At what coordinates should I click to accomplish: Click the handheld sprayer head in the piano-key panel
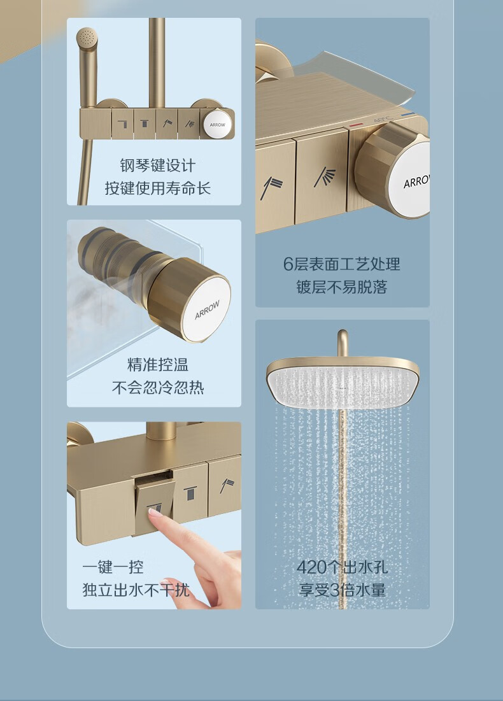(x=87, y=38)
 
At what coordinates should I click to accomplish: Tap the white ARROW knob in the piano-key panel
(x=218, y=125)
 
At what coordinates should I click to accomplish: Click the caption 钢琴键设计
(x=158, y=166)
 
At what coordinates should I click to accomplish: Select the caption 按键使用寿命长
(x=158, y=188)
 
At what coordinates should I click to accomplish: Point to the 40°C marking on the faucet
(x=382, y=119)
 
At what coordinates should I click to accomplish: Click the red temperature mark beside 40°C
(x=356, y=125)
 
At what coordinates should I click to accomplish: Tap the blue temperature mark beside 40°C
(x=407, y=115)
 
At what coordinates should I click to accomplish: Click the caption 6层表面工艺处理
(x=342, y=264)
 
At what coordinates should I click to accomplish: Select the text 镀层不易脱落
(x=342, y=287)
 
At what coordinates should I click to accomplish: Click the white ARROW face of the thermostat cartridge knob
(x=207, y=309)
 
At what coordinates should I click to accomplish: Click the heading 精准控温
(x=158, y=365)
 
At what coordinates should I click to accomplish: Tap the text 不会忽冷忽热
(x=158, y=388)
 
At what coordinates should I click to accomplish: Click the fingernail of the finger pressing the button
(x=155, y=513)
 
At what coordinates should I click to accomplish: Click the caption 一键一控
(x=113, y=567)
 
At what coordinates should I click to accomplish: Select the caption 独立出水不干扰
(x=136, y=590)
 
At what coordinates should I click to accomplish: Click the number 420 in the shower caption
(x=311, y=567)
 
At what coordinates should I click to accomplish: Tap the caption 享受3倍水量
(x=343, y=590)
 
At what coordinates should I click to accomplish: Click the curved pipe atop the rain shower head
(x=343, y=343)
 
